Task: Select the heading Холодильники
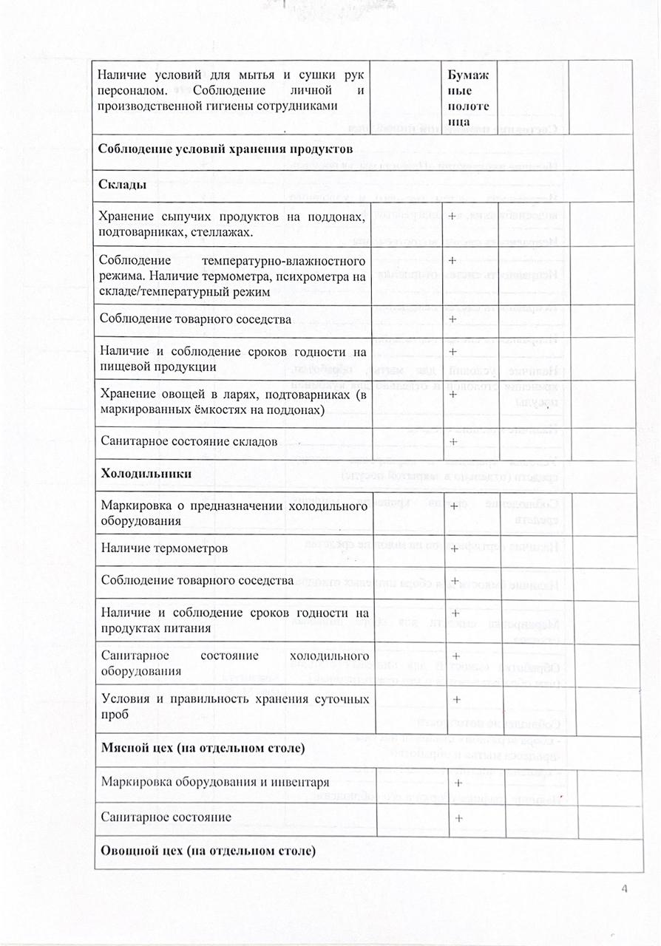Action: (x=146, y=474)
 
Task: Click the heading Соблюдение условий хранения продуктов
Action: (x=223, y=147)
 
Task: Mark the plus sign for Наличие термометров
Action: (x=455, y=549)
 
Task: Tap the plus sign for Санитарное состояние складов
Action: (x=453, y=441)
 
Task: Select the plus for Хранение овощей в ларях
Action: (x=452, y=395)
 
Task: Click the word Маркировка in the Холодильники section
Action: (x=132, y=506)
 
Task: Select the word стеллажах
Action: (x=220, y=233)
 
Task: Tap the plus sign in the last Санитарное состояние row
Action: (x=459, y=818)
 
